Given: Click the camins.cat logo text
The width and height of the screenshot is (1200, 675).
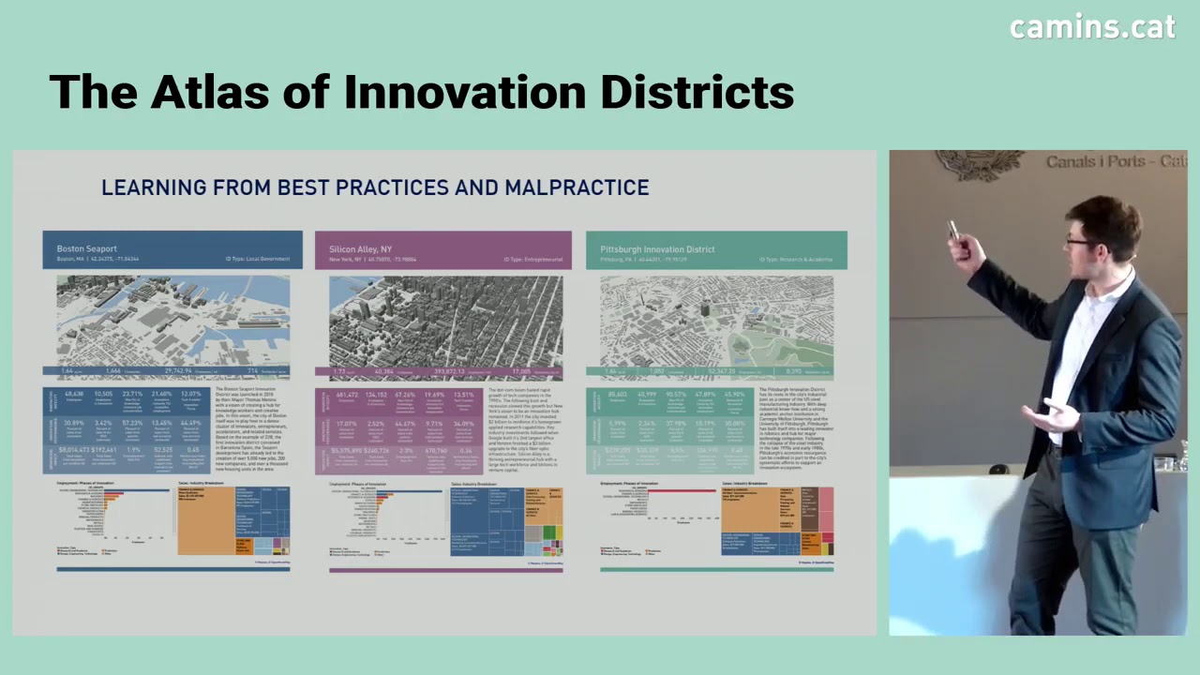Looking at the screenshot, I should coord(1092,26).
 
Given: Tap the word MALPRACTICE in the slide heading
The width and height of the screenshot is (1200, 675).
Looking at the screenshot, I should coord(577,187).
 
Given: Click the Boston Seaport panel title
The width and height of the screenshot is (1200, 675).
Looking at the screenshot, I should coord(87,249).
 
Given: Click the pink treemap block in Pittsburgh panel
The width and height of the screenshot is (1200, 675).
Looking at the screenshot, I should coord(826,511).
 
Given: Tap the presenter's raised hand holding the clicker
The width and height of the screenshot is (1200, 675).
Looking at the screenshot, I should coord(958,246).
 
